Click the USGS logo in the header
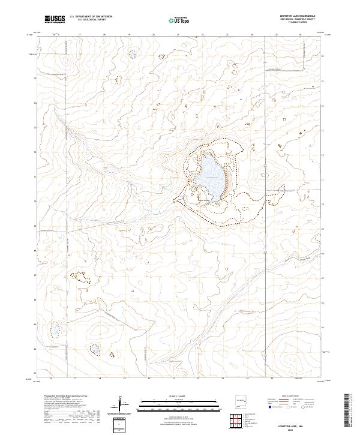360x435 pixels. [55, 20]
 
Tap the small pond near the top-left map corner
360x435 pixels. [131, 55]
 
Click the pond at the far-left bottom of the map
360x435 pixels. [54, 329]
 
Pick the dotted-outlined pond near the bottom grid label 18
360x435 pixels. [95, 349]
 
